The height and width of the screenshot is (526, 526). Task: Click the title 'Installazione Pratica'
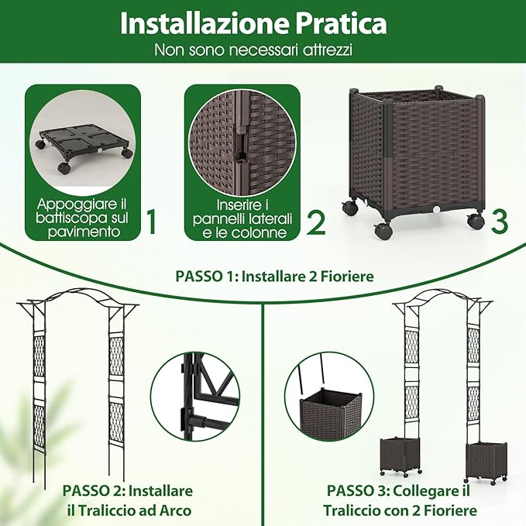(253, 23)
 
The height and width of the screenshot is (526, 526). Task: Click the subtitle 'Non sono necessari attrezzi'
(253, 51)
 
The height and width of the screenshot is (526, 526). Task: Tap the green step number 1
(152, 223)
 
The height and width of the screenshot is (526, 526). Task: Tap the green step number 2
(315, 223)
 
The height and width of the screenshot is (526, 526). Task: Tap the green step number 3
(500, 221)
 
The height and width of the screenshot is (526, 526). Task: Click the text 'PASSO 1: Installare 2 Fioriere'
(263, 275)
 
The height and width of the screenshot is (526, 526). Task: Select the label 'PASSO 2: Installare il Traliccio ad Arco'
(127, 500)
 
